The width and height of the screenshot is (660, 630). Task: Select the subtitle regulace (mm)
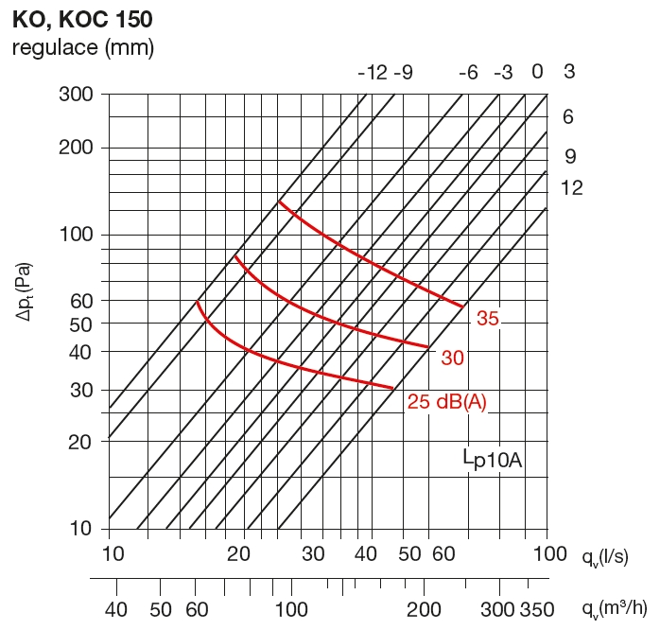pyautogui.click(x=82, y=46)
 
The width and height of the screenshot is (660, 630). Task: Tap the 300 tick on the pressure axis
pyautogui.click(x=78, y=94)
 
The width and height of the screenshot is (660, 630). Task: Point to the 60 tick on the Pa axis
pyautogui.click(x=83, y=301)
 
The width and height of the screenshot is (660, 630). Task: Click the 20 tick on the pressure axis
pyautogui.click(x=83, y=441)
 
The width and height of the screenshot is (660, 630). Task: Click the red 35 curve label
pyautogui.click(x=487, y=319)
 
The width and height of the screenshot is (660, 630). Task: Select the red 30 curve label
pyautogui.click(x=452, y=358)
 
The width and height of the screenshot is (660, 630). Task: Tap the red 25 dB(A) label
pyautogui.click(x=446, y=402)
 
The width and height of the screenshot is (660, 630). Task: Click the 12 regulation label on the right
pyautogui.click(x=571, y=188)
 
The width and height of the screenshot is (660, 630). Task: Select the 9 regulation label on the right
pyautogui.click(x=569, y=157)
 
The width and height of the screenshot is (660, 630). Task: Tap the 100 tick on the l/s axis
pyautogui.click(x=547, y=553)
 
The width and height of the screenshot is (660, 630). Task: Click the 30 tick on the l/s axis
pyautogui.click(x=314, y=553)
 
